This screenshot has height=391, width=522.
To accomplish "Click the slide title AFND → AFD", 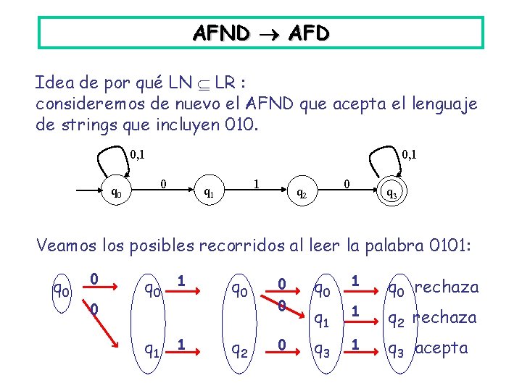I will (261, 33).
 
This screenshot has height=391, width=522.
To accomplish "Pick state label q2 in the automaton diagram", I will (302, 193).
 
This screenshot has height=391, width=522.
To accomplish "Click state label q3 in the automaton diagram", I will (391, 193).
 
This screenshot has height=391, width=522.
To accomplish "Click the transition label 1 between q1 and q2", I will (255, 184).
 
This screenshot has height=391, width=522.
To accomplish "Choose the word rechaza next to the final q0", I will (447, 287).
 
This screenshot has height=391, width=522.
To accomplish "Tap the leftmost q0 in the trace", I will (60, 290).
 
